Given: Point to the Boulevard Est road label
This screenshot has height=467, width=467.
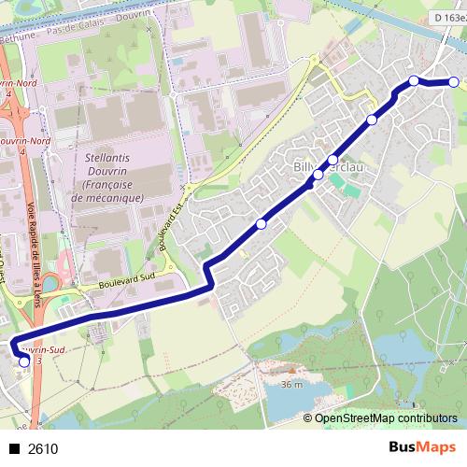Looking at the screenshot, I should (x=168, y=228).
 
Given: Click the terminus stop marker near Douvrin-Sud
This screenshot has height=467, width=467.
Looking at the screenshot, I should (x=24, y=361).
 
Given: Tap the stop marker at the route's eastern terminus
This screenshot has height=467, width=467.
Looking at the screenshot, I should (x=454, y=82).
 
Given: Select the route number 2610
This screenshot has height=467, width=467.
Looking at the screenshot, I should (x=43, y=448).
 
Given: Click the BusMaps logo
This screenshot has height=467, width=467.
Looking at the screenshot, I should (x=422, y=447).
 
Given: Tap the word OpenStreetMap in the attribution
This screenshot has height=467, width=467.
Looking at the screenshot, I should (x=355, y=419).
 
